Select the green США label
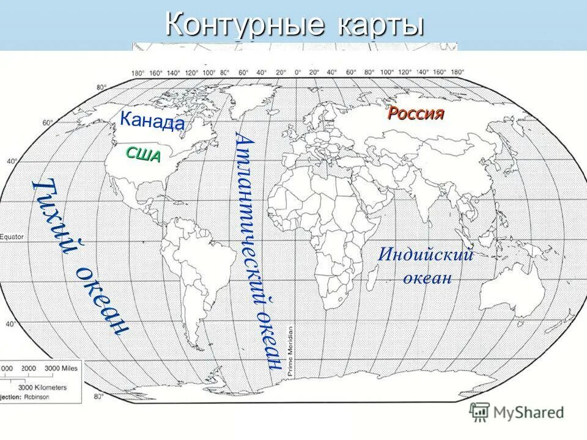click(x=144, y=155)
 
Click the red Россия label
click(x=416, y=114)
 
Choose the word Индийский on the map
click(x=426, y=254)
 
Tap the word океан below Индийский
click(x=427, y=279)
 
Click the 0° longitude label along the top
click(x=298, y=73)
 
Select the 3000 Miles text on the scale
click(x=60, y=369)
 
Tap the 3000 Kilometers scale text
click(x=42, y=387)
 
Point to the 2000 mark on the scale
click(x=29, y=369)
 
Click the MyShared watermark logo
click(x=517, y=413)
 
